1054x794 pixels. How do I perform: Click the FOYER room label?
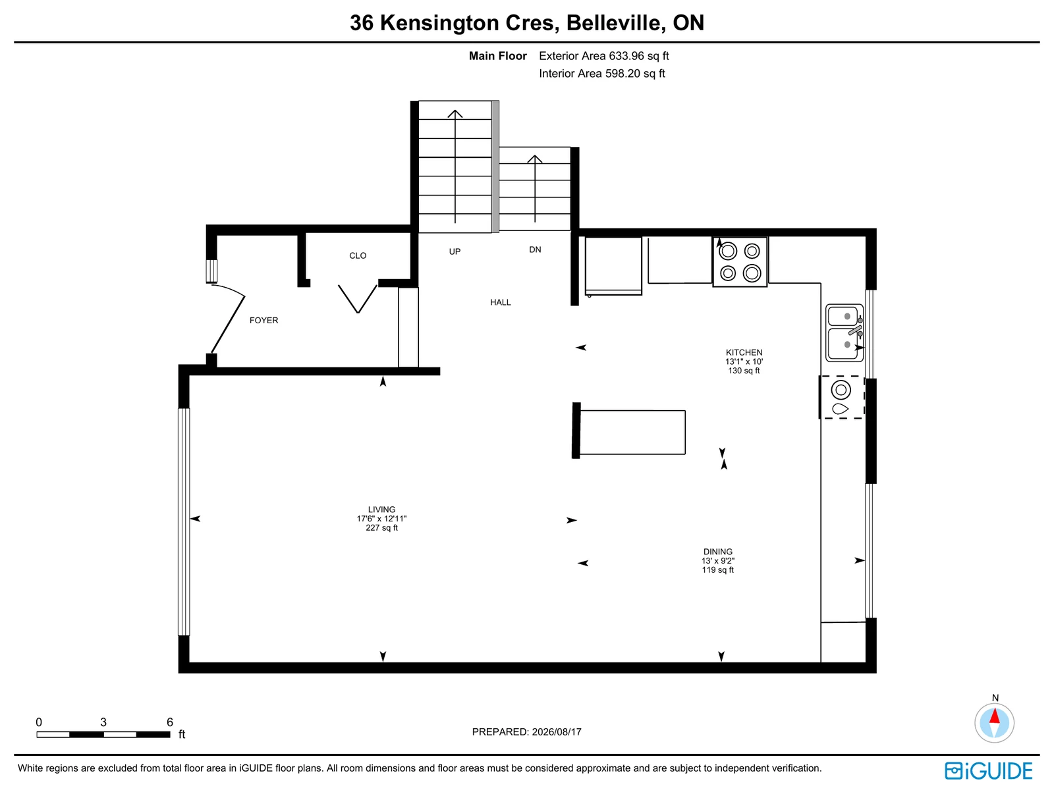(263, 321)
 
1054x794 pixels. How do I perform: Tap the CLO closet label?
(358, 255)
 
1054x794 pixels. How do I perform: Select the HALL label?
(501, 302)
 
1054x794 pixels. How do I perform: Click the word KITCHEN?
(744, 353)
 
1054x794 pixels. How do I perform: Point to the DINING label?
(718, 552)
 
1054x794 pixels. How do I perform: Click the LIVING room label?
(381, 510)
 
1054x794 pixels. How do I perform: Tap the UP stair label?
(455, 251)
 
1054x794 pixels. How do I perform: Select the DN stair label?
(535, 250)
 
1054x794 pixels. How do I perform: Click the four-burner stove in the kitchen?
(740, 262)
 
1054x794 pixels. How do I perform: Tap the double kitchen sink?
(845, 333)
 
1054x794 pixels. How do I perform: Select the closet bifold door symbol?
(358, 299)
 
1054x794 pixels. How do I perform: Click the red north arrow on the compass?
(995, 716)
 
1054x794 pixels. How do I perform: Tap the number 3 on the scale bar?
(103, 722)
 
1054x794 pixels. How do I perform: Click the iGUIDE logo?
(989, 772)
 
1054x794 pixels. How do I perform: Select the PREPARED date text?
(527, 731)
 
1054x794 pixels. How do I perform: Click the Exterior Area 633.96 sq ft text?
(603, 56)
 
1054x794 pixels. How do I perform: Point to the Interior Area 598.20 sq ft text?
(601, 73)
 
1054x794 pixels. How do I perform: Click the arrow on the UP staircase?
(455, 167)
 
